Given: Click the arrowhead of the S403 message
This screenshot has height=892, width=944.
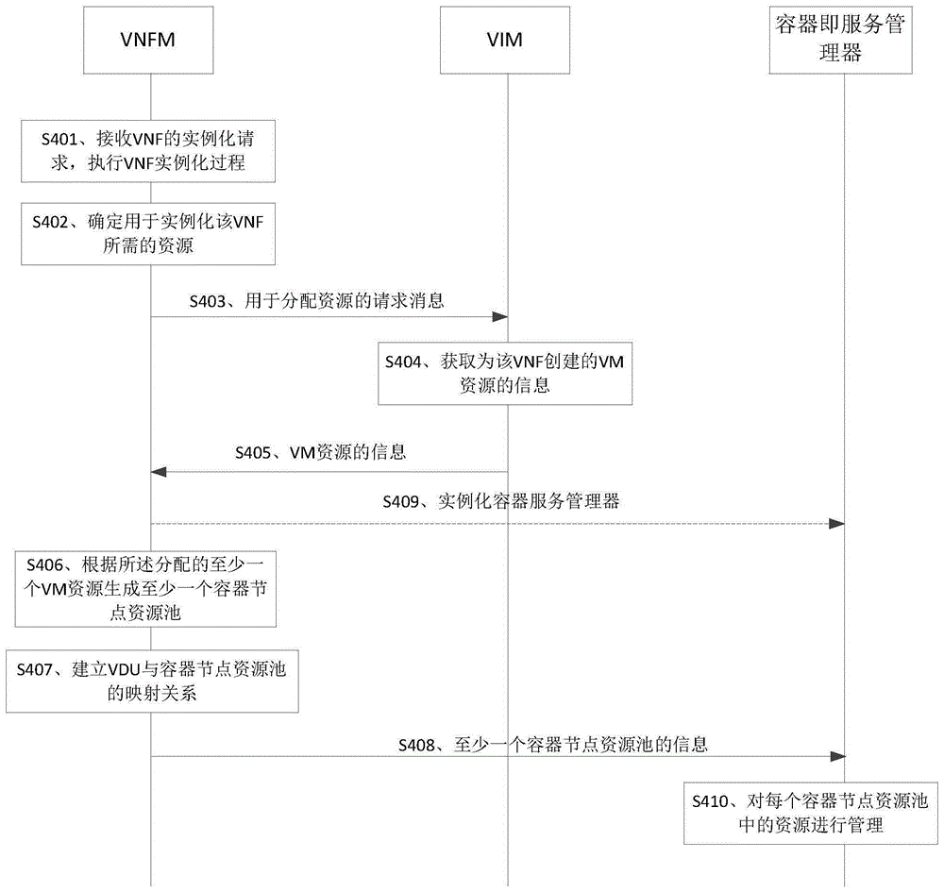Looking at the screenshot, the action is coord(500,316).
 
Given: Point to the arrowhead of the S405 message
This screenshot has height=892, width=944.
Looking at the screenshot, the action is coord(159,472).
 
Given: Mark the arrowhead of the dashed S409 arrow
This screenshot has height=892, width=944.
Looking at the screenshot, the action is coord(836,524).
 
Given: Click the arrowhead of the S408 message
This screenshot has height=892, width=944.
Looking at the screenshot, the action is coord(837,757).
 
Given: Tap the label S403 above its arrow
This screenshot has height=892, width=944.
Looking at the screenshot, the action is coord(208,301).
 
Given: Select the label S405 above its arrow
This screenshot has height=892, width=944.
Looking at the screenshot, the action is coord(253,453).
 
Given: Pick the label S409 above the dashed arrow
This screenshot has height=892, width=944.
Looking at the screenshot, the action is coord(401,501).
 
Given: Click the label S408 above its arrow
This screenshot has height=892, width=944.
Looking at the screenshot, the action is coord(416,746).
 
